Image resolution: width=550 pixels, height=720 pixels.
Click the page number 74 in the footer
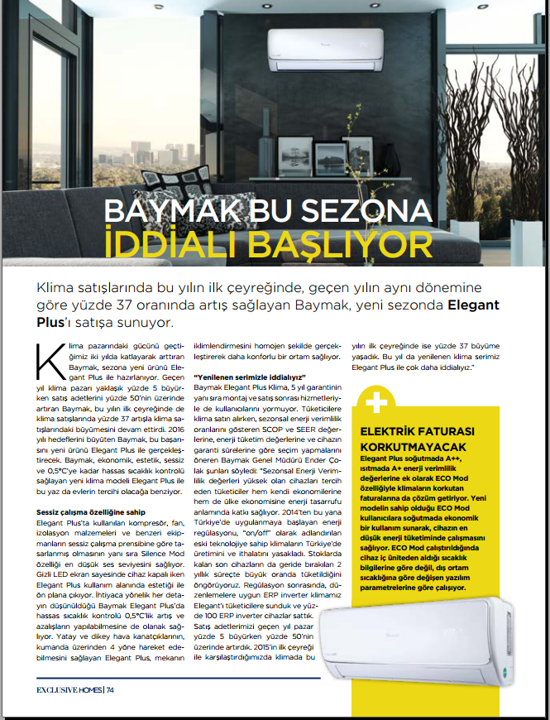[x=109, y=689]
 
